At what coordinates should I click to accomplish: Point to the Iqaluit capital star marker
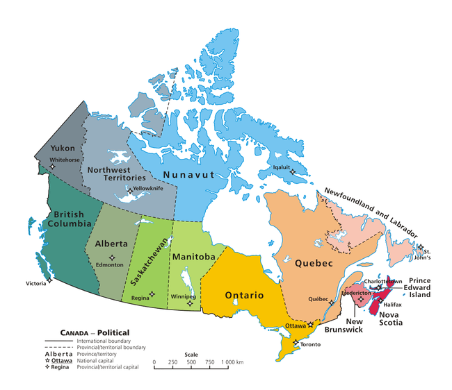click(x=293, y=172)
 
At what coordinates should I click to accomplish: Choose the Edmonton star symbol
click(x=112, y=257)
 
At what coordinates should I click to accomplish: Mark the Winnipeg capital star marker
click(x=190, y=303)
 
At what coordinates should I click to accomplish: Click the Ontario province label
click(x=243, y=296)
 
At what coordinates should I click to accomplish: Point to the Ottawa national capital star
click(x=311, y=325)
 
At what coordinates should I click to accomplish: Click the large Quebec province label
click(x=314, y=264)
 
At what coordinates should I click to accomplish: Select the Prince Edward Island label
click(x=428, y=287)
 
